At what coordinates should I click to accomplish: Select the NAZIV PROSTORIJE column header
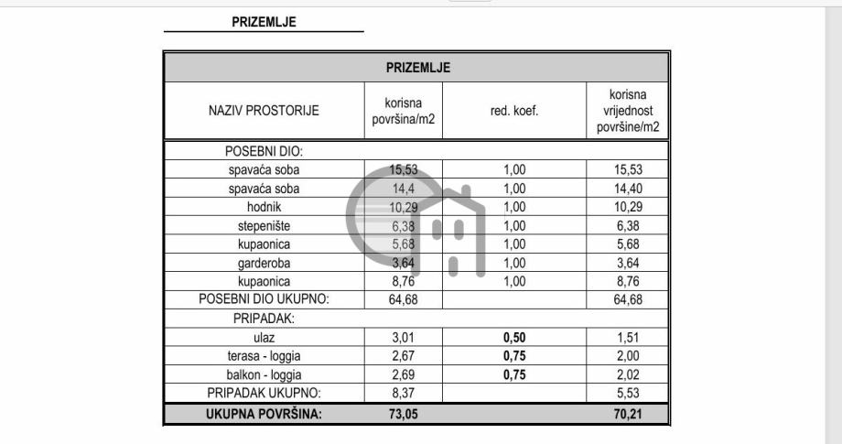point(264,111)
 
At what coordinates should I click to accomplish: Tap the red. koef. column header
point(514,111)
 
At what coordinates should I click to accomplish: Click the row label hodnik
point(264,207)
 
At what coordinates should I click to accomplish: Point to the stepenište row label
point(264,225)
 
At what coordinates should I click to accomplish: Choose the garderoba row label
point(264,263)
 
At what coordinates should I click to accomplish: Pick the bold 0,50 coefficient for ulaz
point(514,337)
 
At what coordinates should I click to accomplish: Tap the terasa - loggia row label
point(264,356)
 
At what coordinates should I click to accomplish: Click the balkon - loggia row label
point(264,374)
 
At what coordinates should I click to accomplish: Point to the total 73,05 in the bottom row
point(404,413)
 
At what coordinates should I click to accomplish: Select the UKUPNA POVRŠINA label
point(264,413)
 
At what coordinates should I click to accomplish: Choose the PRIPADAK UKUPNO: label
point(264,393)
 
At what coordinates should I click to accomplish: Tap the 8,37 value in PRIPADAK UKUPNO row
point(404,393)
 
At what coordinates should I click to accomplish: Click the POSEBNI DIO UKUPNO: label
point(264,299)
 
